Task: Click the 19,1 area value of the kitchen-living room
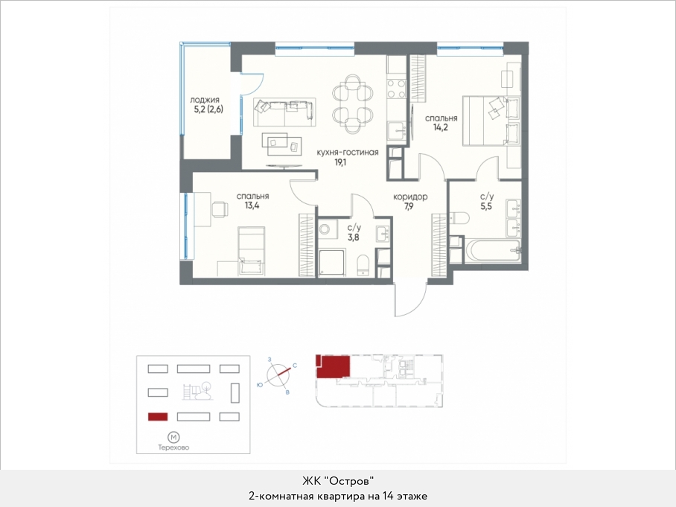pyautogui.click(x=340, y=162)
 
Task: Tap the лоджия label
pyautogui.click(x=205, y=100)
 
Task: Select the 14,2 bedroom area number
pyautogui.click(x=441, y=127)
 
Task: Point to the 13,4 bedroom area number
pyautogui.click(x=252, y=205)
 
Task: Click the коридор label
pyautogui.click(x=410, y=197)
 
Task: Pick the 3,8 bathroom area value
pyautogui.click(x=354, y=237)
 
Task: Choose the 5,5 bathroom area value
pyautogui.click(x=486, y=206)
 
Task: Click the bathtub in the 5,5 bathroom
pyautogui.click(x=492, y=251)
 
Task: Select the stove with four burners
pyautogui.click(x=397, y=89)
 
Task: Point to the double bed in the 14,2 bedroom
pyautogui.click(x=491, y=121)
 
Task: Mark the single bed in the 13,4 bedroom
pyautogui.click(x=252, y=251)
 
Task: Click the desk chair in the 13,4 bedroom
pyautogui.click(x=220, y=210)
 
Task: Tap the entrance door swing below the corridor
pyautogui.click(x=409, y=299)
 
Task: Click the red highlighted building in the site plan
pyautogui.click(x=158, y=417)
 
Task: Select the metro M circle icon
pyautogui.click(x=173, y=438)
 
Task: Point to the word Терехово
pyautogui.click(x=173, y=447)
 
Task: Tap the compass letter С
pyautogui.click(x=295, y=366)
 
